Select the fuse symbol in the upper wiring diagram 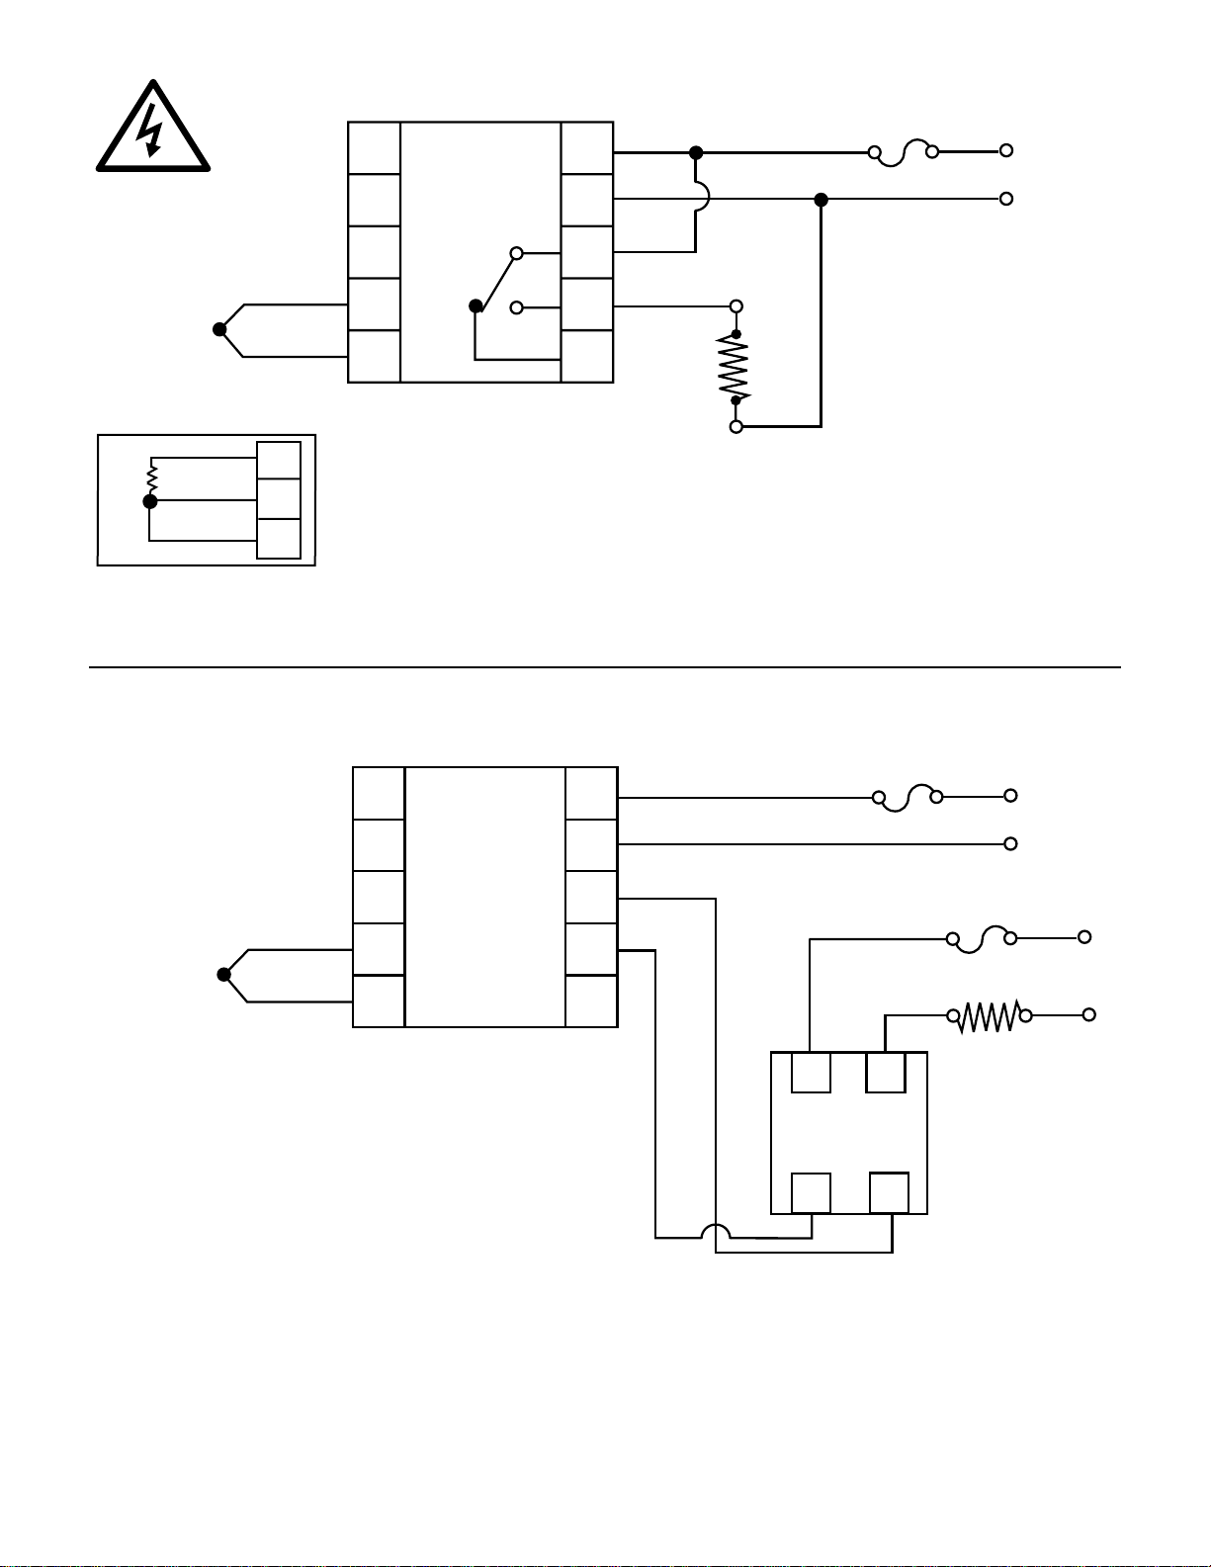[x=903, y=153]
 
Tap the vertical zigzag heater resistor [x=735, y=368]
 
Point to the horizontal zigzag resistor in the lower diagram [x=990, y=1015]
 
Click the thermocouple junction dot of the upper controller [x=219, y=329]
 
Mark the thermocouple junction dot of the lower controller [x=224, y=975]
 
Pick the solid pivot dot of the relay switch [x=476, y=306]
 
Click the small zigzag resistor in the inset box [x=151, y=478]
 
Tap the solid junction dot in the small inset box [x=150, y=502]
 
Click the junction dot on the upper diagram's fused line [x=696, y=152]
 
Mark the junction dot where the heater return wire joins [x=821, y=200]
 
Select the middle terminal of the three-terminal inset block [x=279, y=499]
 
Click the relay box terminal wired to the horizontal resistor [x=885, y=1073]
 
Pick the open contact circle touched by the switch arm [x=516, y=254]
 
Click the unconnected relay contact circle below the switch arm [x=516, y=307]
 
